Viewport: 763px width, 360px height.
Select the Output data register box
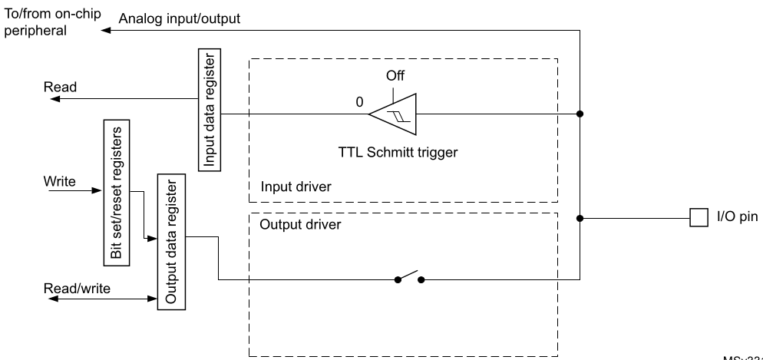169,240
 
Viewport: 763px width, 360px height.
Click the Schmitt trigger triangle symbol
393,114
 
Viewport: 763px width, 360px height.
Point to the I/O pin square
697,218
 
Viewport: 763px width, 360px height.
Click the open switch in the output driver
408,278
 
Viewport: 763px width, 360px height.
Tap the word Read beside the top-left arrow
60,88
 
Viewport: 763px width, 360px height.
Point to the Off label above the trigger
395,76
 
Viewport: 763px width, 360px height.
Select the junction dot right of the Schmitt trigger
580,115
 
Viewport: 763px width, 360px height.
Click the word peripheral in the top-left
36,31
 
